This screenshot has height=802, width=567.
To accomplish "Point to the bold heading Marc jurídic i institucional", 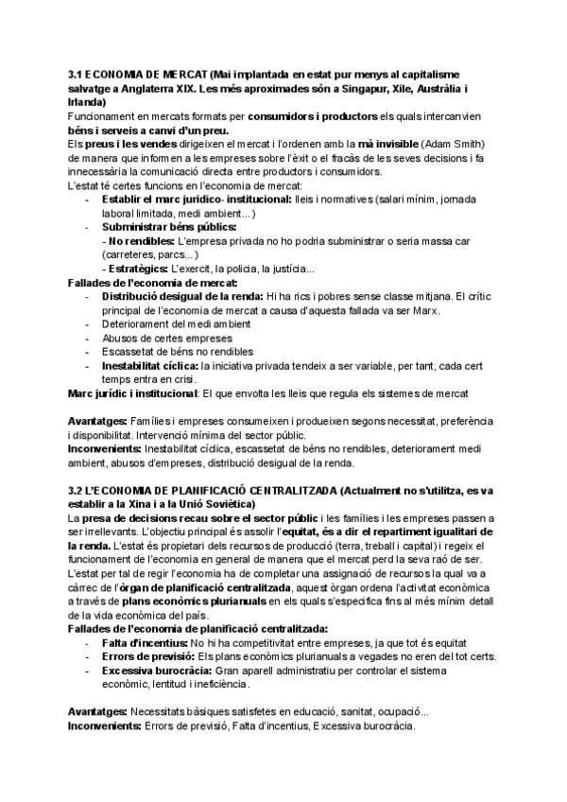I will pyautogui.click(x=133, y=392).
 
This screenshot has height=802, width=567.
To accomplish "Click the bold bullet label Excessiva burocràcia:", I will pyautogui.click(x=154, y=670).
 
